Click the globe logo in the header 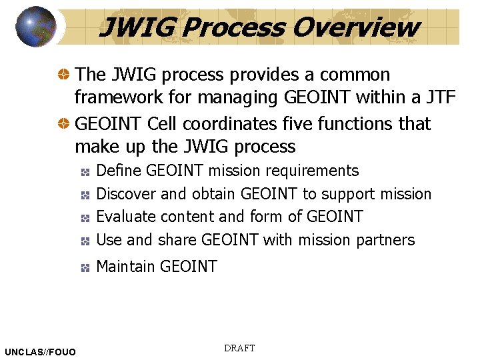[x=36, y=27]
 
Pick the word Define [x=119, y=171]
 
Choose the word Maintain [x=126, y=267]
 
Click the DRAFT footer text [x=239, y=349]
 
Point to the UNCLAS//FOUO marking [x=40, y=352]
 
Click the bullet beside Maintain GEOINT [x=85, y=267]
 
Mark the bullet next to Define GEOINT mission [x=85, y=172]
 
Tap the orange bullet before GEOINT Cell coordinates [x=64, y=124]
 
